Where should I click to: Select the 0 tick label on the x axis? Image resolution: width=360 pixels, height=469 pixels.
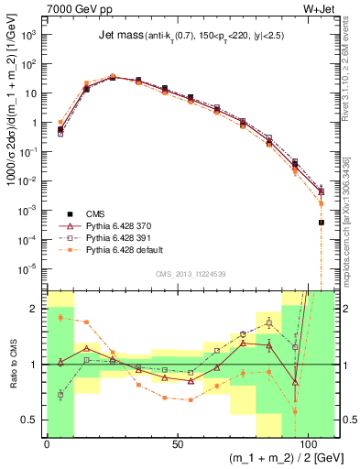47,443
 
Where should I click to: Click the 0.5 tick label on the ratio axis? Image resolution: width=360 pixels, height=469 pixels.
31,420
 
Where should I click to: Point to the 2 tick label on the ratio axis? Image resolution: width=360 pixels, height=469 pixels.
36,310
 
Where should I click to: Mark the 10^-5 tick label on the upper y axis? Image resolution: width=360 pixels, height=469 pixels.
29,267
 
